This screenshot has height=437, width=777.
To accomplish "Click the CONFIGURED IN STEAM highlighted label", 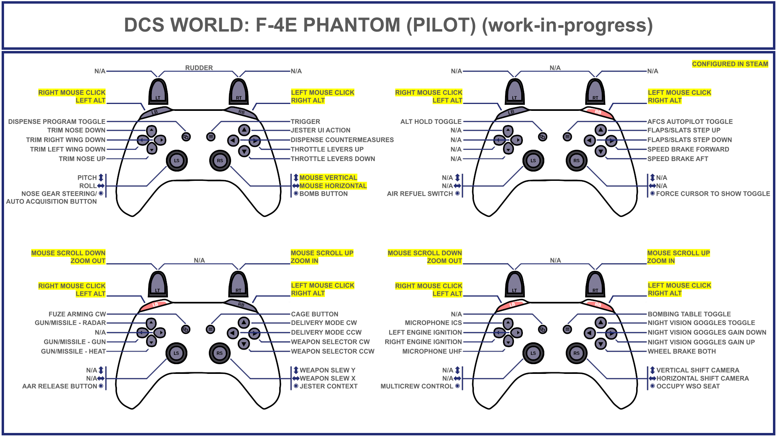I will pos(730,64).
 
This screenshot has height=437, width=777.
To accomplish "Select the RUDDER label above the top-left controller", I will pos(199,68).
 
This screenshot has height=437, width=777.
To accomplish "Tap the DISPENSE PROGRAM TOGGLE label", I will pos(57,121).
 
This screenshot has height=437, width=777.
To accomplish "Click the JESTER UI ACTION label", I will pos(321,130).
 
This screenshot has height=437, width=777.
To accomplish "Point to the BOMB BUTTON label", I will pos(323,194).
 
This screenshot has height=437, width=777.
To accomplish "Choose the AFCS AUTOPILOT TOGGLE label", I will pos(690,121).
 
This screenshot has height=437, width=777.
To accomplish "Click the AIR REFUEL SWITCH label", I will pos(420,194).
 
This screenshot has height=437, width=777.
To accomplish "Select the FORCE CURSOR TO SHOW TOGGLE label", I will pos(713,194).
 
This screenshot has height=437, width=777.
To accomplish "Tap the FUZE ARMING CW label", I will pos(77,314).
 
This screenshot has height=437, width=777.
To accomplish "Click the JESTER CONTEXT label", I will pos(328,386).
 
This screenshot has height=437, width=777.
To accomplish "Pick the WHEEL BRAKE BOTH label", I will pos(681,352).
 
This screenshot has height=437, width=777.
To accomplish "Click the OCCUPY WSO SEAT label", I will pos(688,386).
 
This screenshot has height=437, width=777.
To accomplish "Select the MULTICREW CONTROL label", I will pos(416,386).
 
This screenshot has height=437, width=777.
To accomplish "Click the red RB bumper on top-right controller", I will pos(598,112).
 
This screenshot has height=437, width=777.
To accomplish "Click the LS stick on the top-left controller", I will pos(176,161).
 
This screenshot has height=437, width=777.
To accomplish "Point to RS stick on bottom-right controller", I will pos(576,353).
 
